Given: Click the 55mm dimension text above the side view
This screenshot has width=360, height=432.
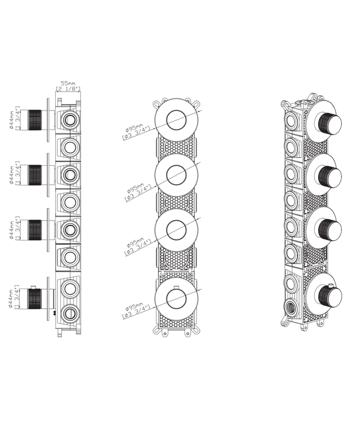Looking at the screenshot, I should point(68,83).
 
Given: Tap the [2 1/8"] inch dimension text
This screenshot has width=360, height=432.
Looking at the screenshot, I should point(68,89).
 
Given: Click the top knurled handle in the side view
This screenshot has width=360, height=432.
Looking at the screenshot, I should point(36,119).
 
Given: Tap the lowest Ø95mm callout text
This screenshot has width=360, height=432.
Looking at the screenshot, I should point(136,311).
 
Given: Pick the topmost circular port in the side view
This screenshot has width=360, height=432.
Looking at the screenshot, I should point(70,119).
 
